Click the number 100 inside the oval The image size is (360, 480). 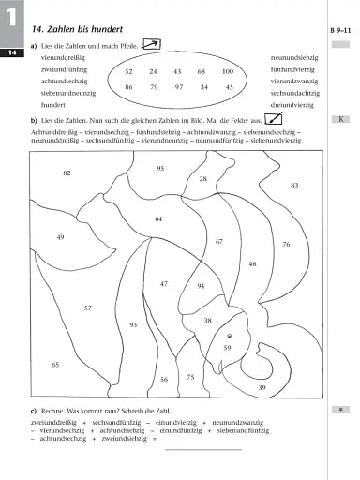click(227, 71)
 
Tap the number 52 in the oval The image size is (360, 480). click(129, 71)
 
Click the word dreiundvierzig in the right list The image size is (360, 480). click(293, 107)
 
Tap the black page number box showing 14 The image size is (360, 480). click(12, 53)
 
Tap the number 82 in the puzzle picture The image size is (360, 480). click(67, 173)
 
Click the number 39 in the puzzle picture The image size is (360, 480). click(262, 387)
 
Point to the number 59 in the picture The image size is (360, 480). click(227, 347)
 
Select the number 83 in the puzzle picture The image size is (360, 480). click(294, 186)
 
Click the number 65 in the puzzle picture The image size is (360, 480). click(55, 364)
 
